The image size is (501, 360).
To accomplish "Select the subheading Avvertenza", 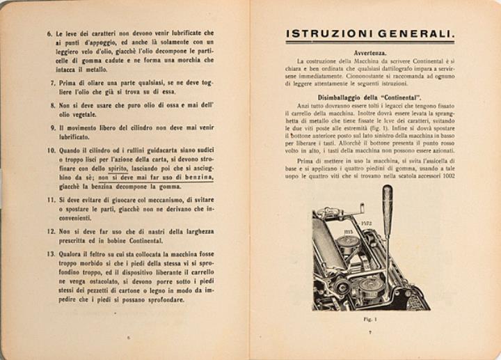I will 369,53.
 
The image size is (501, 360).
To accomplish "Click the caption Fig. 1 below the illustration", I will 370,320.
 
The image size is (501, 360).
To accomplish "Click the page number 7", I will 370,332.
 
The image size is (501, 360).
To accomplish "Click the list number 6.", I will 49,33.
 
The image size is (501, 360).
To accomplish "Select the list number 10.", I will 51,150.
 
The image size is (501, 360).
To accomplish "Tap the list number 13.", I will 51,253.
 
